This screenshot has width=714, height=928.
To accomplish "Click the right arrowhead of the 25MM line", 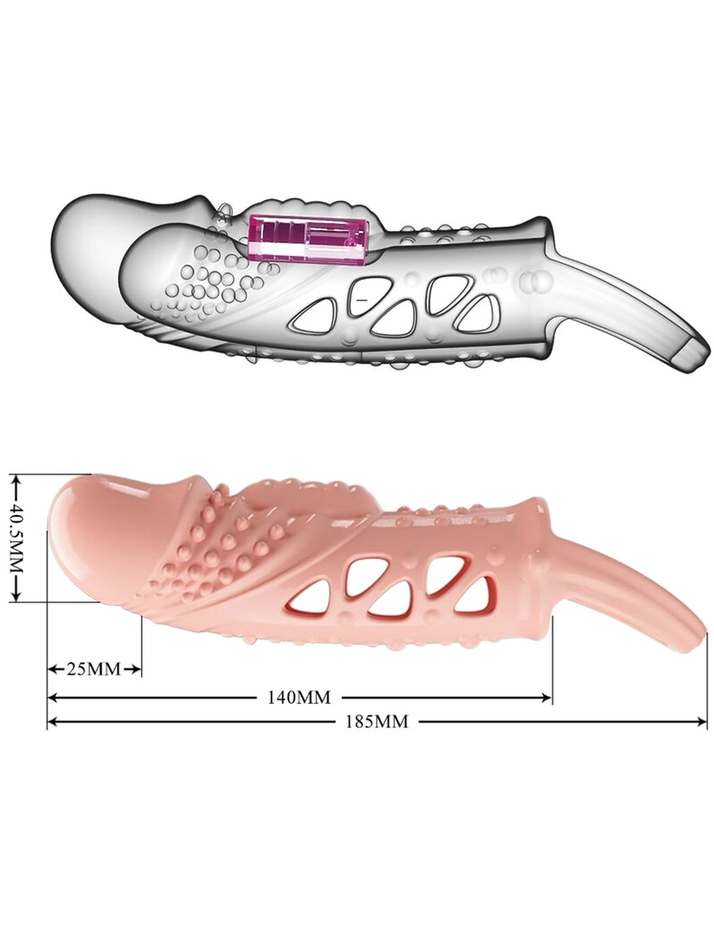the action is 135,669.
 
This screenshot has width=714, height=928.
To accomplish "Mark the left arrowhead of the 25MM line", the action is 53,669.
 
